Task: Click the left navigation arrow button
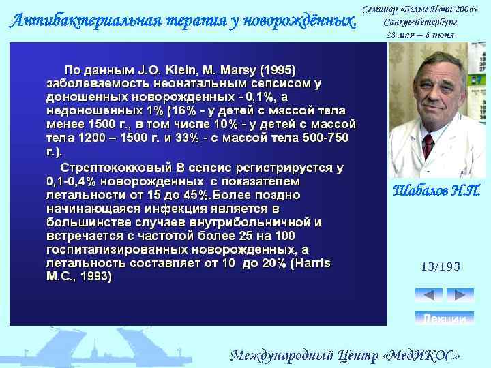(x=428, y=295)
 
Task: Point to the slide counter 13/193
(x=442, y=268)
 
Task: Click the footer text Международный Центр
(x=299, y=355)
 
